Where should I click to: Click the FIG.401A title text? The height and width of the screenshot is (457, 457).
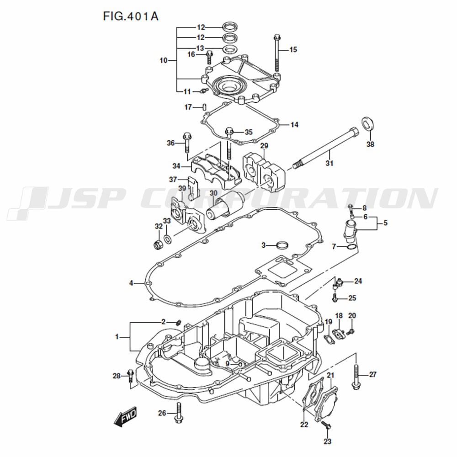click(131, 16)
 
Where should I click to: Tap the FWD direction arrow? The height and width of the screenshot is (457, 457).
click(125, 416)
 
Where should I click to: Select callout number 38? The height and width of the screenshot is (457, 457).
click(370, 144)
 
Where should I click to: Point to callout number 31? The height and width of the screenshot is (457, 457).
click(329, 163)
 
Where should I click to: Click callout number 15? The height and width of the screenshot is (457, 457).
click(293, 49)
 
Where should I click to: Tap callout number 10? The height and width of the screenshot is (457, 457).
click(164, 60)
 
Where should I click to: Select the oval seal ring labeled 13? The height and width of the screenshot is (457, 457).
click(230, 49)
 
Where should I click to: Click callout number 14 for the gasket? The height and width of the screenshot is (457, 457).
click(294, 125)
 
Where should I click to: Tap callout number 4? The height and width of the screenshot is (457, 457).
click(131, 283)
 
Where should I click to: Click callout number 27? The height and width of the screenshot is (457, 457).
click(373, 374)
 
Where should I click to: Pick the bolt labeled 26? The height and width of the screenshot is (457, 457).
click(179, 413)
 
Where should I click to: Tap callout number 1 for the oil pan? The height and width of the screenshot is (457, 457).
click(117, 337)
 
